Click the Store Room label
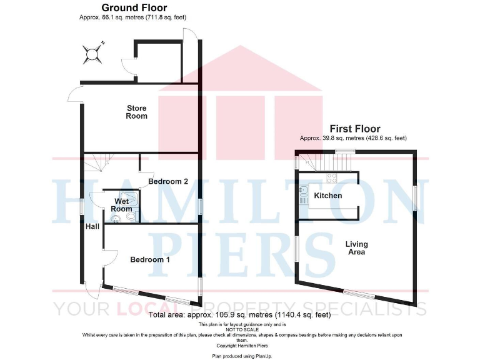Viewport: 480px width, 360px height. [x=136, y=112]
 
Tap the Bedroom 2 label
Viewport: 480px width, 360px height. [x=168, y=182]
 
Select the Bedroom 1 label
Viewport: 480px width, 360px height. [x=150, y=259]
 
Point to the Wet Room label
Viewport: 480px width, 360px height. [x=122, y=205]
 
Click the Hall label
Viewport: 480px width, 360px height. [x=92, y=226]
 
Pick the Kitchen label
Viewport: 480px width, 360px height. [x=328, y=196]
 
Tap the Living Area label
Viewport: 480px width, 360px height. [x=357, y=248]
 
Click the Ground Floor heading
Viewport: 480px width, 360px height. [x=134, y=7]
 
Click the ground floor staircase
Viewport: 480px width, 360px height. [x=97, y=164]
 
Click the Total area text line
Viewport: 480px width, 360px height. [x=241, y=316]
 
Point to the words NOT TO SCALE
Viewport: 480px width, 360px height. [x=241, y=330]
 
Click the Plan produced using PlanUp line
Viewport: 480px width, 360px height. [x=241, y=355]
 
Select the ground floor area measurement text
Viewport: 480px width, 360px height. [x=133, y=17]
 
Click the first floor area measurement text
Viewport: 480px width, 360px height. [x=353, y=137]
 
